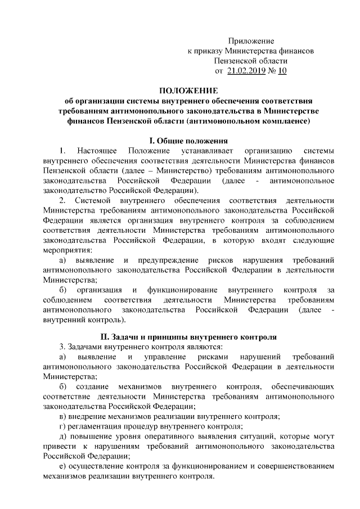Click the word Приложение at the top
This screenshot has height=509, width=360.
tap(251, 41)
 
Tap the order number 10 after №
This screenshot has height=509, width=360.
tap(282, 71)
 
